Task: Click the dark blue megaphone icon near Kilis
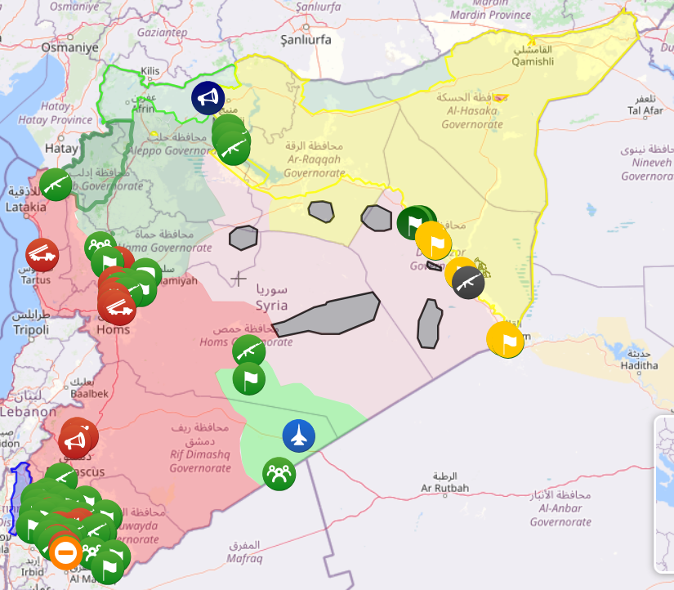[x=208, y=98]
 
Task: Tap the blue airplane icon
[x=299, y=436]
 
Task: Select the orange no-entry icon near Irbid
[x=65, y=552]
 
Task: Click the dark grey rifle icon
[x=468, y=283]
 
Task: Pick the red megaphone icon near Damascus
[x=74, y=443]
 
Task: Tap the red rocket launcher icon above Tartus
[x=42, y=255]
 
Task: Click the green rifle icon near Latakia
[x=56, y=185]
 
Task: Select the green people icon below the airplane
[x=279, y=474]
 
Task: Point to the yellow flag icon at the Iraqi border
[x=505, y=339]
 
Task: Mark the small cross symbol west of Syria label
[x=239, y=279]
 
